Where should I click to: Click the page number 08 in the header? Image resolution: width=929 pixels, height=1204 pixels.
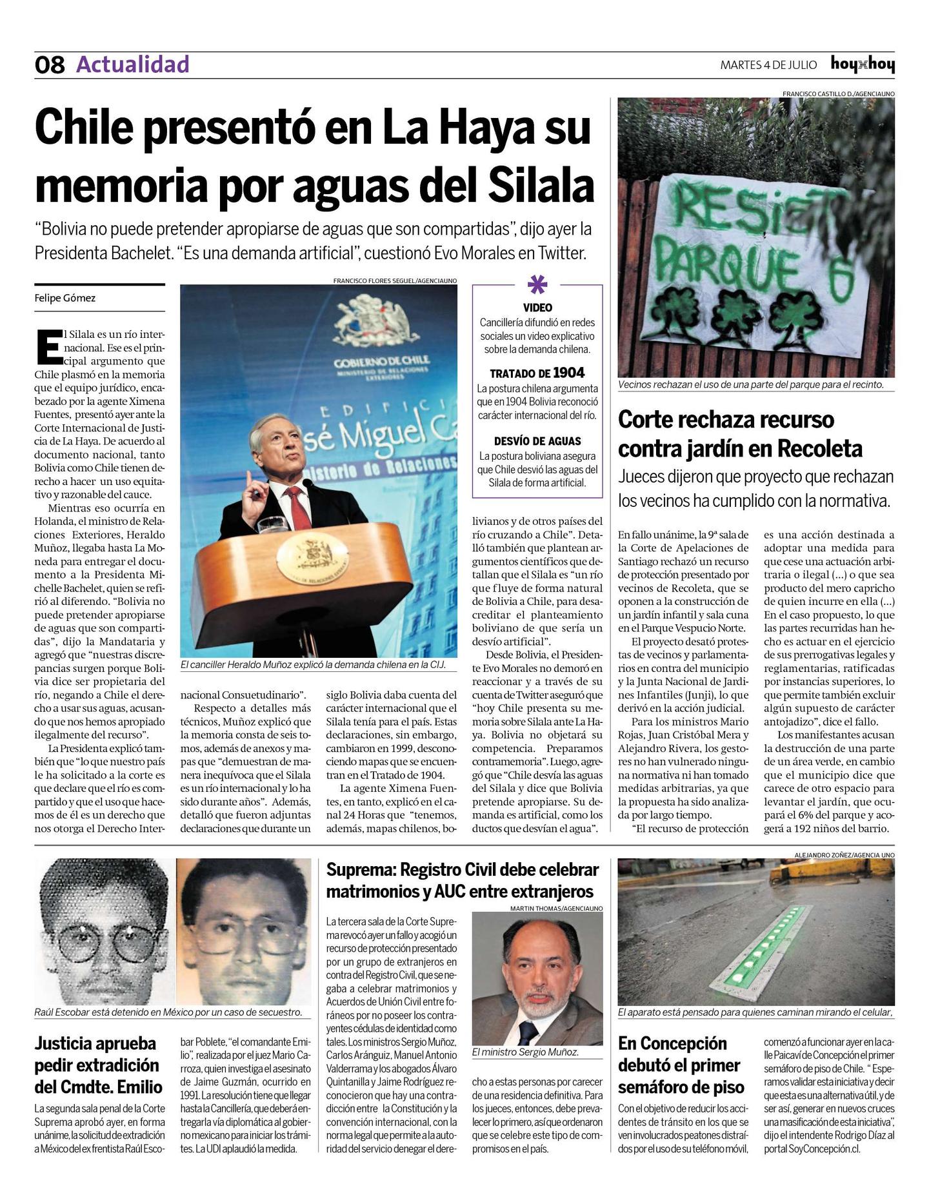click(50, 65)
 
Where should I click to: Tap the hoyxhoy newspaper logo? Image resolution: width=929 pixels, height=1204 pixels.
click(862, 64)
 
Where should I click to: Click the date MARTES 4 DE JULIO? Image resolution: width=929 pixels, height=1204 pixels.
click(768, 65)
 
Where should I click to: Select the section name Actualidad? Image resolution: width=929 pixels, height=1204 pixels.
click(133, 64)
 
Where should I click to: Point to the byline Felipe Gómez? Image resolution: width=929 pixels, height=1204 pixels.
click(65, 298)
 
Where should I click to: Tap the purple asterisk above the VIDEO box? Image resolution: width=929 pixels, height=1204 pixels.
click(537, 284)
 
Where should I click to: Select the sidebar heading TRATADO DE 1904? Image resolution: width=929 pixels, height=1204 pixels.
click(537, 373)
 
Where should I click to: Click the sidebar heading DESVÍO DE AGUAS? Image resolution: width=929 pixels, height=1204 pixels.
click(537, 441)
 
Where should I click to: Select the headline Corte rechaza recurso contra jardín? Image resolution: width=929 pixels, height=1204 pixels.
click(739, 434)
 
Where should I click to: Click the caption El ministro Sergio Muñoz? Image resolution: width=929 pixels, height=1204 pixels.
click(525, 1052)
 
